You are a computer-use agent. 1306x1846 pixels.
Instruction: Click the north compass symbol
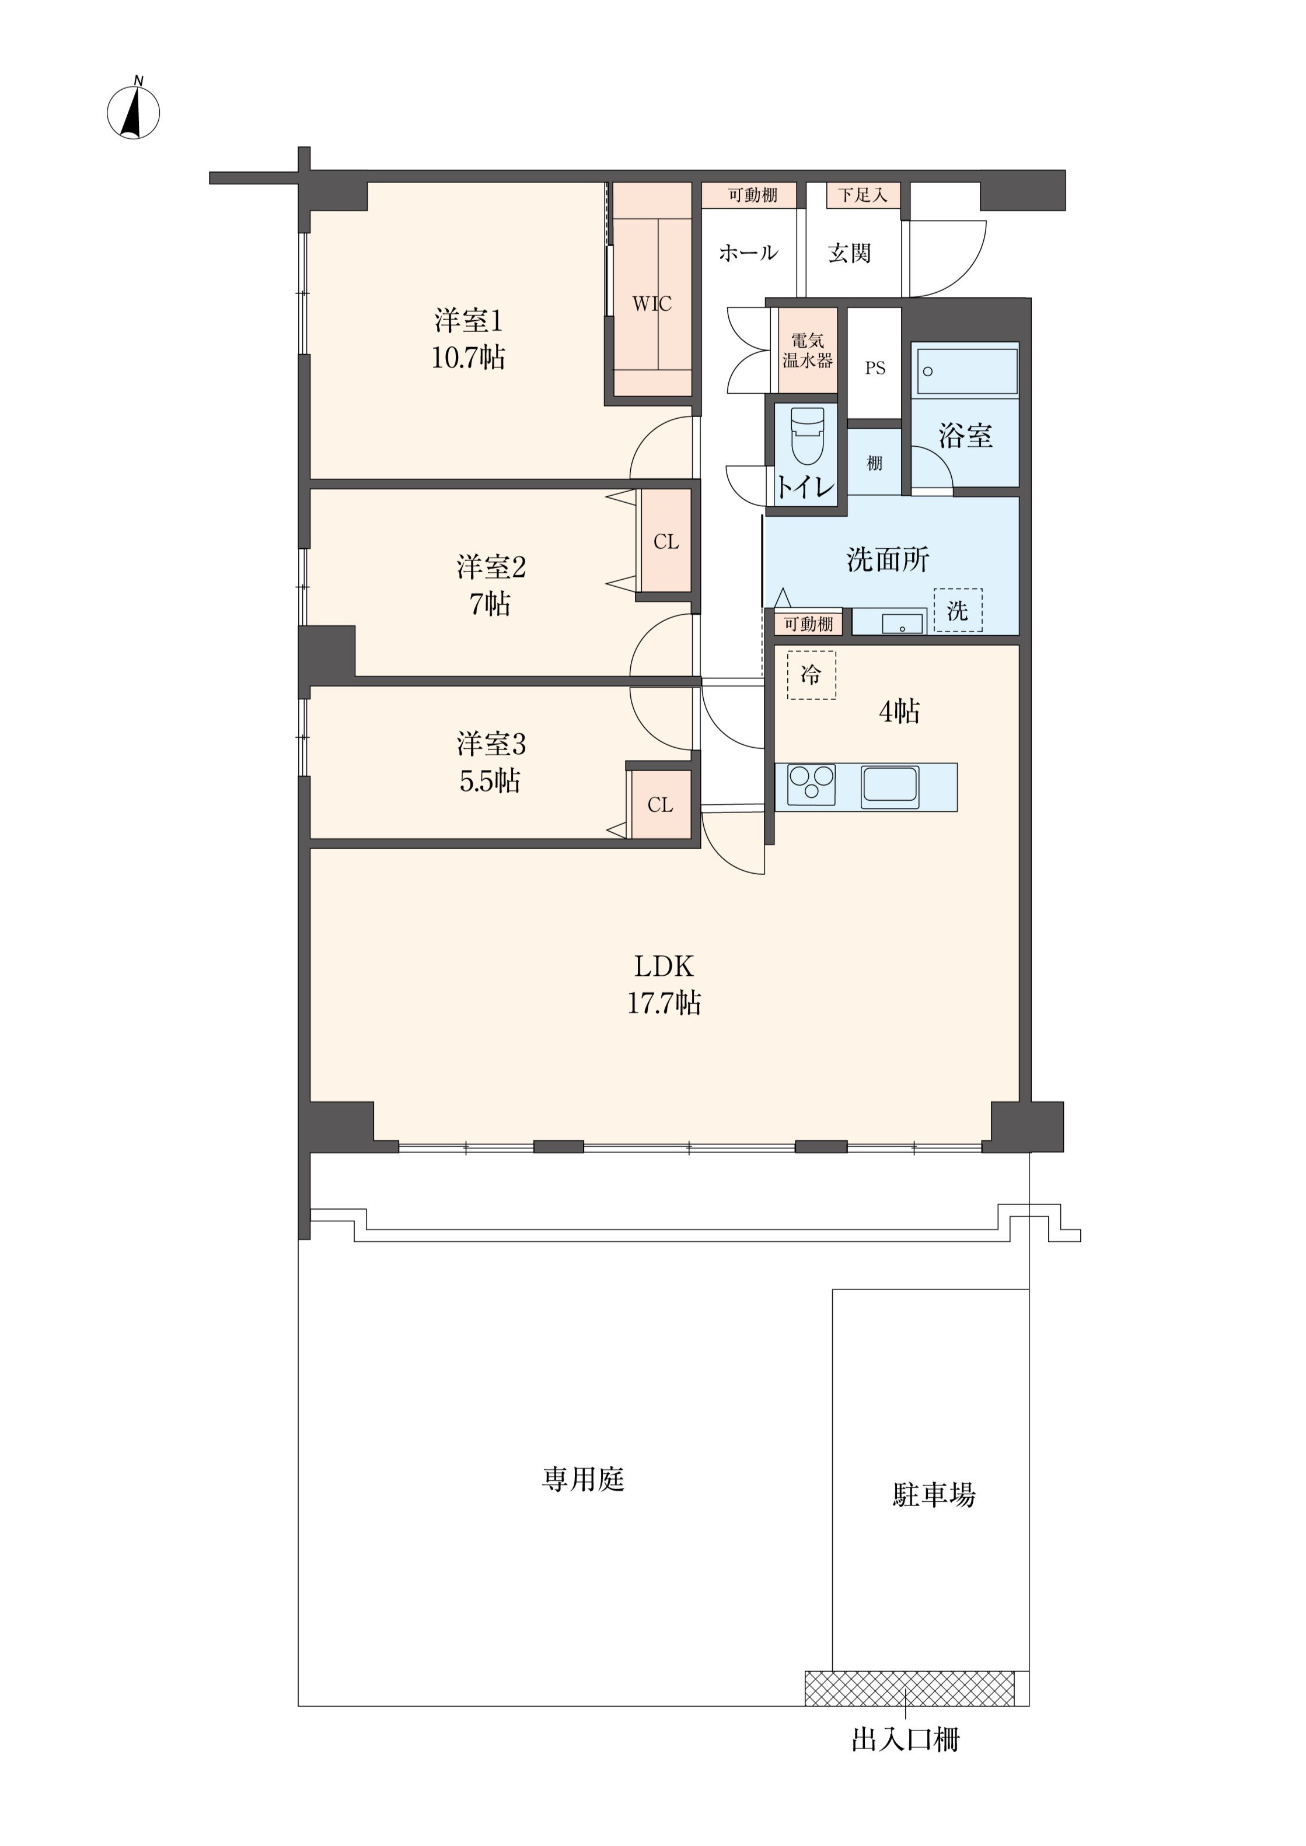[134, 111]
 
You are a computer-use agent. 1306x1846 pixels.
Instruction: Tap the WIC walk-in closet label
[652, 304]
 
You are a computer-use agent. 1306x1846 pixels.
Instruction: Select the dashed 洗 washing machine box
[958, 610]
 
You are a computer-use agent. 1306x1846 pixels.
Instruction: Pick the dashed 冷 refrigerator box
[811, 675]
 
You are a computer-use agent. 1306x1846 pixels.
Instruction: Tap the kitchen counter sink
[891, 787]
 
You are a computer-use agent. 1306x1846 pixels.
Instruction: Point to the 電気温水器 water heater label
[808, 351]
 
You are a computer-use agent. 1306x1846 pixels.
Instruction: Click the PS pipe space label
[875, 368]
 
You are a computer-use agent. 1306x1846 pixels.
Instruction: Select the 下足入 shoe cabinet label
[863, 195]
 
